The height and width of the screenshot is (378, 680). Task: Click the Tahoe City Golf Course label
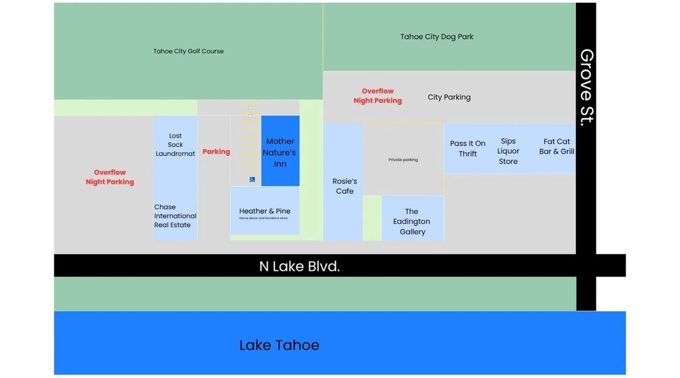coord(188,51)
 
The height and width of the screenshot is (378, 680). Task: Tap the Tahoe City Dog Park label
coord(436,37)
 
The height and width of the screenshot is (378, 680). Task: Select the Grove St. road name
coord(586,87)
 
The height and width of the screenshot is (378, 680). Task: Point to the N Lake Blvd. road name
coord(299,266)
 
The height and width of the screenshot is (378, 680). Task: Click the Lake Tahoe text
coord(279,345)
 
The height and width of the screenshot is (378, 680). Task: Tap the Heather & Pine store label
coord(264,211)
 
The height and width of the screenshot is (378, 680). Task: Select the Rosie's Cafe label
coord(345,186)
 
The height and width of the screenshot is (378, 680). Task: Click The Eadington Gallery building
coord(412,221)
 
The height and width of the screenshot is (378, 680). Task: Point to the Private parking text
coord(403,160)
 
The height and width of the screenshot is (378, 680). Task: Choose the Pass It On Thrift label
coord(467,149)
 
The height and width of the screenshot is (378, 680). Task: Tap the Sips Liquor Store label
coord(508,151)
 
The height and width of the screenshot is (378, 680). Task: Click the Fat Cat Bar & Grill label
coord(556,146)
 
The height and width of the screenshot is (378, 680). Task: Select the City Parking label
coord(449,97)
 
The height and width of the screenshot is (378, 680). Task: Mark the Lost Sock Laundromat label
coord(175,144)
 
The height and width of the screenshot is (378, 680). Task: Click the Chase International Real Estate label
coord(175,216)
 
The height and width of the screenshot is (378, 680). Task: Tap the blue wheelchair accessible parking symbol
coord(252,180)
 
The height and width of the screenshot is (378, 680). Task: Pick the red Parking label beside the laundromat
coord(216,152)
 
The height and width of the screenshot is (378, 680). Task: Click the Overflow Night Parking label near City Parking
coord(377,96)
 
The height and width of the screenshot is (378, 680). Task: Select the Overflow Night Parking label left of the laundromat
coord(110,177)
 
